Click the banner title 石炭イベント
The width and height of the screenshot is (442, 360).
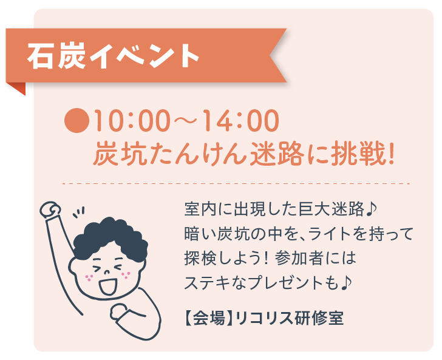(x=114, y=56)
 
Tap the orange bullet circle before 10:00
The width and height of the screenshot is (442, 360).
(x=76, y=121)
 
